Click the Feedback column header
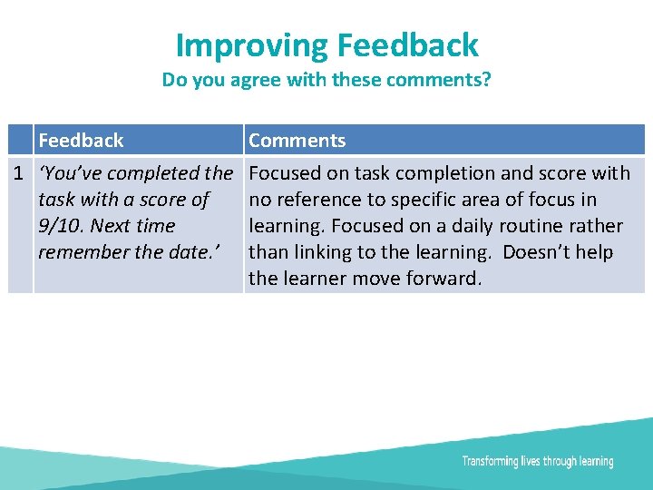[x=81, y=141]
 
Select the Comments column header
[x=297, y=141]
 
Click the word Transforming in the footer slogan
[x=490, y=462]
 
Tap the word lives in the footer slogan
[x=533, y=462]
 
